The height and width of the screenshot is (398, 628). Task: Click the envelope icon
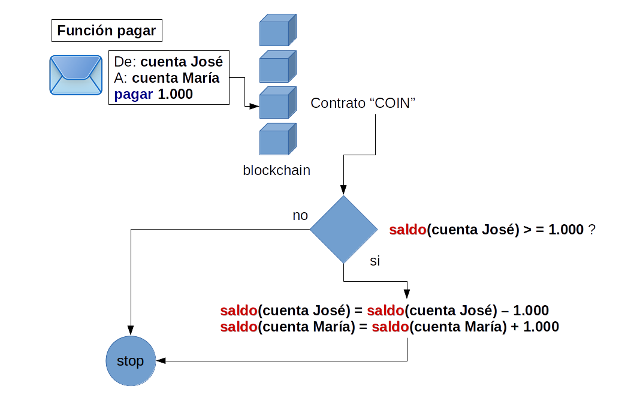(x=76, y=74)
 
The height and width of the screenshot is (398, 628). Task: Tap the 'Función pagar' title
(x=106, y=31)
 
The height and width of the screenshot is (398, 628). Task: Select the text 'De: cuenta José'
(x=168, y=62)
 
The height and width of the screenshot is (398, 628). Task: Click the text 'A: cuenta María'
(x=167, y=78)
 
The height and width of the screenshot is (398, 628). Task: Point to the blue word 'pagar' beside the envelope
(x=133, y=94)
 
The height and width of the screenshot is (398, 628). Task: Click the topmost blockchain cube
(x=277, y=30)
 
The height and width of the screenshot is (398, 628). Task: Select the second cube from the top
(x=277, y=66)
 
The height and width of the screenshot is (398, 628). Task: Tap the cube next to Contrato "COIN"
(x=277, y=103)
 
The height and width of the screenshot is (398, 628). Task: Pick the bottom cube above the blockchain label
(x=277, y=139)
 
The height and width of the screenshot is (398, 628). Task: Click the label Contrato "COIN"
(x=363, y=103)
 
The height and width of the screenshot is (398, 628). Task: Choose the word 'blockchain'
(x=276, y=170)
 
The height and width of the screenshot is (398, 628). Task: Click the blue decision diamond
(x=343, y=230)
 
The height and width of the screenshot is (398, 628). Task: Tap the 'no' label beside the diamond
(x=300, y=215)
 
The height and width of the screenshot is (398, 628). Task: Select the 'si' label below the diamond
(x=375, y=261)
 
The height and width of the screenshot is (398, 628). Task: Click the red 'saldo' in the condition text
(x=407, y=230)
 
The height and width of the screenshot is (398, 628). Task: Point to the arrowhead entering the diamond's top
(x=343, y=190)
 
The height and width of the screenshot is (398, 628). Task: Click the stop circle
(x=130, y=361)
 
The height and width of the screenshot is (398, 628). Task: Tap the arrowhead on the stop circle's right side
(x=161, y=361)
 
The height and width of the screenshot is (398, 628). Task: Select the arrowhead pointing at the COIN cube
(x=254, y=107)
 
